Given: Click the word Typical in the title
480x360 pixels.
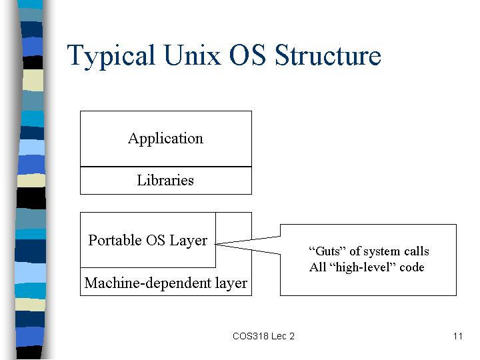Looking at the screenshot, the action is (111, 56).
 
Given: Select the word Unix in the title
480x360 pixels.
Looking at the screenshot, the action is (192, 55).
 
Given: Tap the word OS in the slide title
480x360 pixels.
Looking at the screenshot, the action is (247, 55).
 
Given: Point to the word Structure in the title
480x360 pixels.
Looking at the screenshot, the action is (328, 55).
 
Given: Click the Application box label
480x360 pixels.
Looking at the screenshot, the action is (165, 139).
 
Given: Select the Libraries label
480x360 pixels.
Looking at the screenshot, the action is (165, 180).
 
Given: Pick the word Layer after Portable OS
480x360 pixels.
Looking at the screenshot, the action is (188, 241).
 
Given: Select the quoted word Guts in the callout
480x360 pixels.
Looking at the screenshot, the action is (327, 251).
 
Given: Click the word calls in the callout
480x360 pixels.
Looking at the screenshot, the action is (416, 251).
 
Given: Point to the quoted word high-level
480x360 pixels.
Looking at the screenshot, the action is (363, 267).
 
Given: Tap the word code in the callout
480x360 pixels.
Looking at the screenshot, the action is (412, 267).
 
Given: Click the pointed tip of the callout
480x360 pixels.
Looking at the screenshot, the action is (215, 244).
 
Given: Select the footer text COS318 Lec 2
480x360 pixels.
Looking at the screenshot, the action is (263, 336).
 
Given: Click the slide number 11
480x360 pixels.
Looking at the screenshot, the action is (457, 336).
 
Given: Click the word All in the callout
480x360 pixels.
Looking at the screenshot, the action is (317, 267).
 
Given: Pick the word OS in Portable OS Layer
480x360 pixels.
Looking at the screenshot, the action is (155, 240).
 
